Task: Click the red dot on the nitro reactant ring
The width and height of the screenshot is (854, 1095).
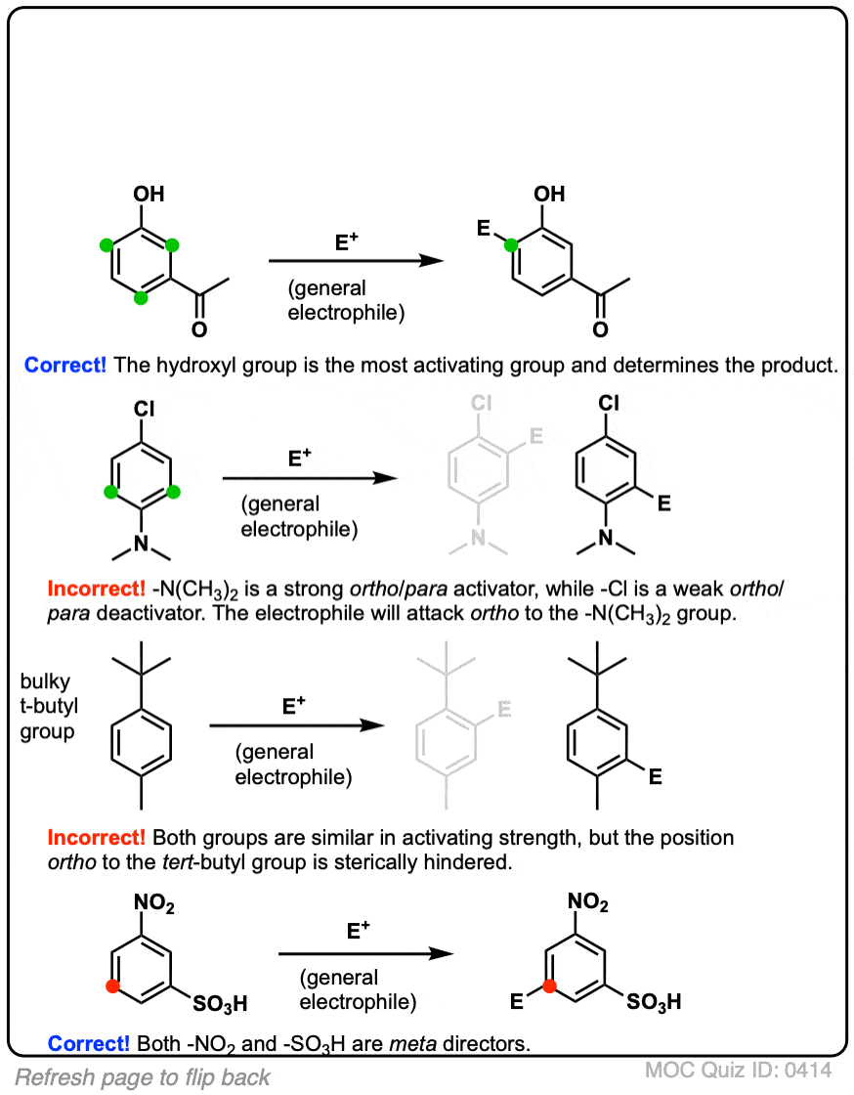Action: click(111, 987)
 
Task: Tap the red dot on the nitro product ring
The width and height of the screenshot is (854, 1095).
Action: click(550, 987)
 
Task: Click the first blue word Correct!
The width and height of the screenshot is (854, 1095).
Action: click(66, 367)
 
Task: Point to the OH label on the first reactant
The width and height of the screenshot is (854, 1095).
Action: click(149, 195)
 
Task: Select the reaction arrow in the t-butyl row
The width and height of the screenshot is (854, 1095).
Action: click(293, 726)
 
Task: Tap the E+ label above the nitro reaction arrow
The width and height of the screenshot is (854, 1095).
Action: click(359, 933)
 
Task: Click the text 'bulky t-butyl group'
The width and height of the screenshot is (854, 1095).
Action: click(47, 704)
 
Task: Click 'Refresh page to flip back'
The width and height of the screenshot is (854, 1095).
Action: click(143, 1077)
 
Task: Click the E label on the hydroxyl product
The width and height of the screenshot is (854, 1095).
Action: click(484, 228)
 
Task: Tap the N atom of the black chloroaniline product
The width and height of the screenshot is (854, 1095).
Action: click(606, 538)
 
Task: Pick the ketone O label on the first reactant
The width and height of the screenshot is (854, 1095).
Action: click(198, 329)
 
